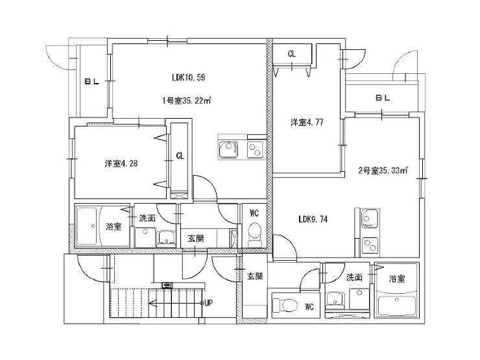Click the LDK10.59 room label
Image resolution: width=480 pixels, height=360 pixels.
[188, 77]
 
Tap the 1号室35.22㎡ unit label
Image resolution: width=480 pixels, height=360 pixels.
[187, 101]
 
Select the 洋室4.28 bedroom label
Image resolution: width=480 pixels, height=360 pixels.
[121, 163]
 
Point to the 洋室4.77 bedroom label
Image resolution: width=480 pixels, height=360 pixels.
[307, 123]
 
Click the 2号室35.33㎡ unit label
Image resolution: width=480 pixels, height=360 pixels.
[383, 171]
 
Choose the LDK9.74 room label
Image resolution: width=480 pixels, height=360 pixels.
[313, 219]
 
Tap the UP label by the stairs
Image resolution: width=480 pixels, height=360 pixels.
[208, 303]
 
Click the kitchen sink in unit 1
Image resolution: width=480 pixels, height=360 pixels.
[229, 150]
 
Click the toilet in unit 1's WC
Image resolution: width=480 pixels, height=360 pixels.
[254, 234]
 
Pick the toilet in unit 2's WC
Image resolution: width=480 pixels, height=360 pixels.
[285, 305]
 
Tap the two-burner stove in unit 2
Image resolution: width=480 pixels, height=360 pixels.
[370, 245]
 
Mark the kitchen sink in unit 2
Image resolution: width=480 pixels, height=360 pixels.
[370, 219]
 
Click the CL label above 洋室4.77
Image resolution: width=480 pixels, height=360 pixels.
[292, 54]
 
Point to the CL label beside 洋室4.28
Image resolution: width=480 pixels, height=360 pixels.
[180, 156]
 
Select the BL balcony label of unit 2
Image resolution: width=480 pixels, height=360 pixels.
[383, 98]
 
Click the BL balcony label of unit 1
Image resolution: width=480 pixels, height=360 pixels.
[92, 82]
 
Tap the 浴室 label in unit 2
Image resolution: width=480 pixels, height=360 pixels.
[397, 278]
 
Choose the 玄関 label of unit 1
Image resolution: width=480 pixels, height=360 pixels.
[196, 238]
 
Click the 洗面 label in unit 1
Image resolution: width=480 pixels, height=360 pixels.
[147, 218]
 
